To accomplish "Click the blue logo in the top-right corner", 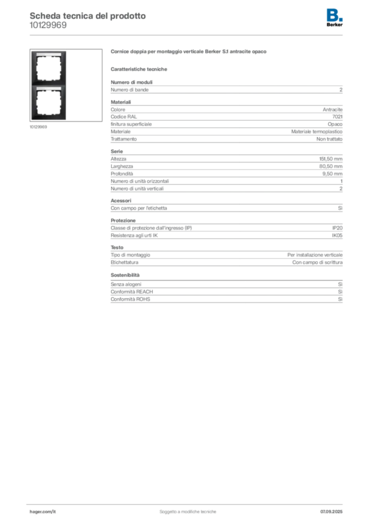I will pyautogui.click(x=335, y=14).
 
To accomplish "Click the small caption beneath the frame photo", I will pyautogui.click(x=39, y=127).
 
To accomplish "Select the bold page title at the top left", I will pyautogui.click(x=87, y=15).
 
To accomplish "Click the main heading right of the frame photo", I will pyautogui.click(x=189, y=52).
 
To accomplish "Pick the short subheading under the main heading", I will pyautogui.click(x=140, y=69).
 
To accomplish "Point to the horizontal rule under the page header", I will pyautogui.click(x=188, y=35).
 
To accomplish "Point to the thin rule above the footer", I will pyautogui.click(x=188, y=503).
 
